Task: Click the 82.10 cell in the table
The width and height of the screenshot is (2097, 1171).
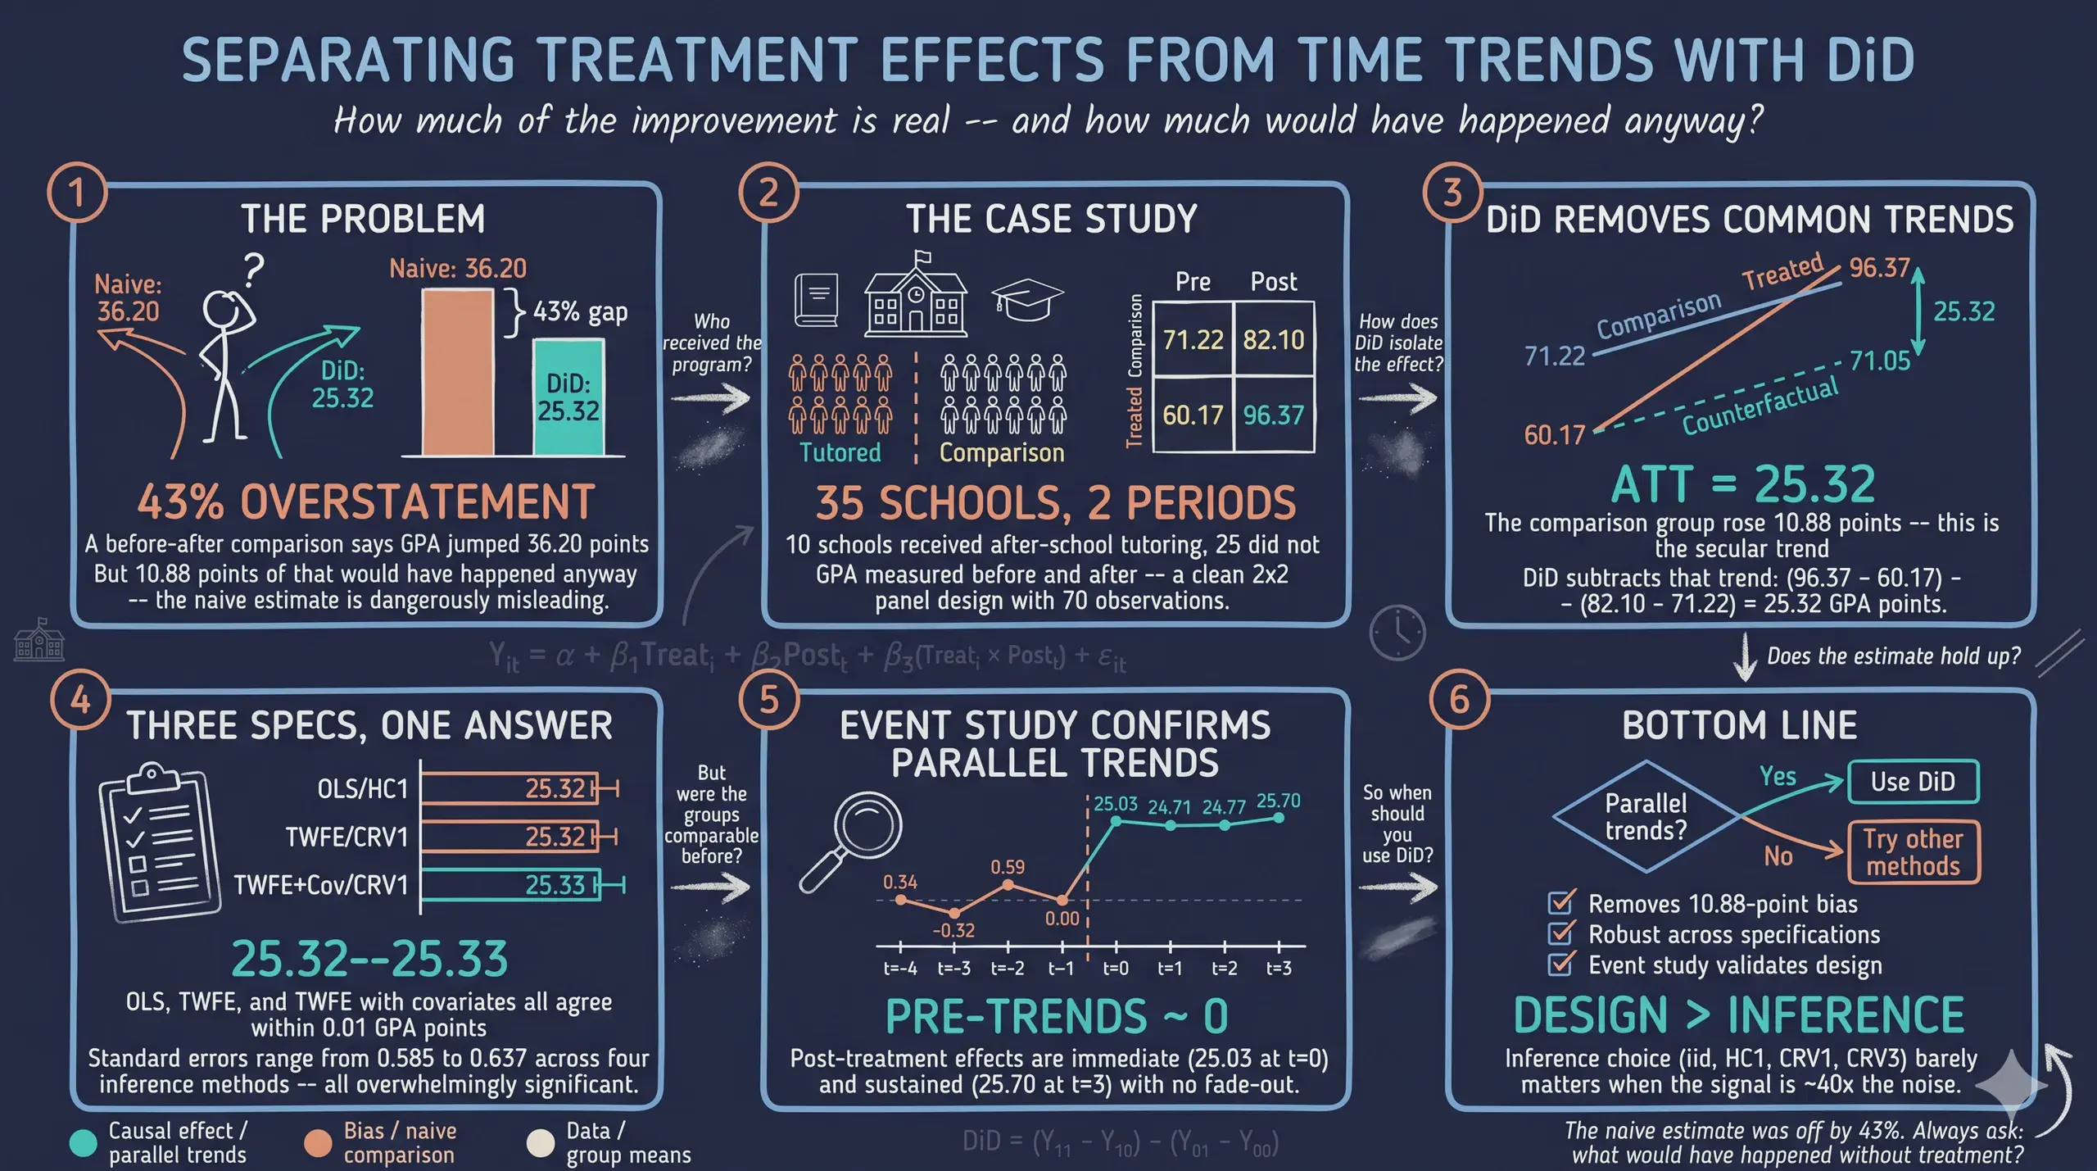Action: pyautogui.click(x=1273, y=339)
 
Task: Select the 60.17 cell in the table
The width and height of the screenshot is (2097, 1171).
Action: pyautogui.click(x=1193, y=415)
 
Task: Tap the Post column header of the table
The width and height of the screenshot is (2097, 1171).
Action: pyautogui.click(x=1273, y=282)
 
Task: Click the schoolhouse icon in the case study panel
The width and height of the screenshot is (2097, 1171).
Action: pyautogui.click(x=916, y=295)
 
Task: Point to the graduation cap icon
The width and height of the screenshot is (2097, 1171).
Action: pyautogui.click(x=1027, y=300)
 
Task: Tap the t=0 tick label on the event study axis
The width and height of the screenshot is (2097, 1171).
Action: pyautogui.click(x=1116, y=969)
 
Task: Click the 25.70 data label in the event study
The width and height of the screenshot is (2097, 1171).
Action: pyautogui.click(x=1278, y=801)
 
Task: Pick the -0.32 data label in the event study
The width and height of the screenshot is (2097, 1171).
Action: pyautogui.click(x=953, y=931)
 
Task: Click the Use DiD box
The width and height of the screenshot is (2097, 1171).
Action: pyautogui.click(x=1913, y=782)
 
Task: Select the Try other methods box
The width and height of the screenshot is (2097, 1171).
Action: pyautogui.click(x=1913, y=852)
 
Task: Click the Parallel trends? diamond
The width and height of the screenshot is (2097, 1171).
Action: pyautogui.click(x=1646, y=817)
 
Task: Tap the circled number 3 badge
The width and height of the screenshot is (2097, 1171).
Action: pyautogui.click(x=1452, y=193)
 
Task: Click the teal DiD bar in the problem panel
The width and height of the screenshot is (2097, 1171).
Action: pyautogui.click(x=568, y=397)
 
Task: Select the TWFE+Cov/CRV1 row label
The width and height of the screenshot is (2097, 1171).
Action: pyautogui.click(x=320, y=885)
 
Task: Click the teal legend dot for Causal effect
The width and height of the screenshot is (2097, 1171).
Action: pyautogui.click(x=83, y=1143)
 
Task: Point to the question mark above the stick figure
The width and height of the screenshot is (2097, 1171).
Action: pyautogui.click(x=255, y=270)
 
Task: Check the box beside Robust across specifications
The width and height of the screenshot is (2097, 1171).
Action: pyautogui.click(x=1560, y=934)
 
